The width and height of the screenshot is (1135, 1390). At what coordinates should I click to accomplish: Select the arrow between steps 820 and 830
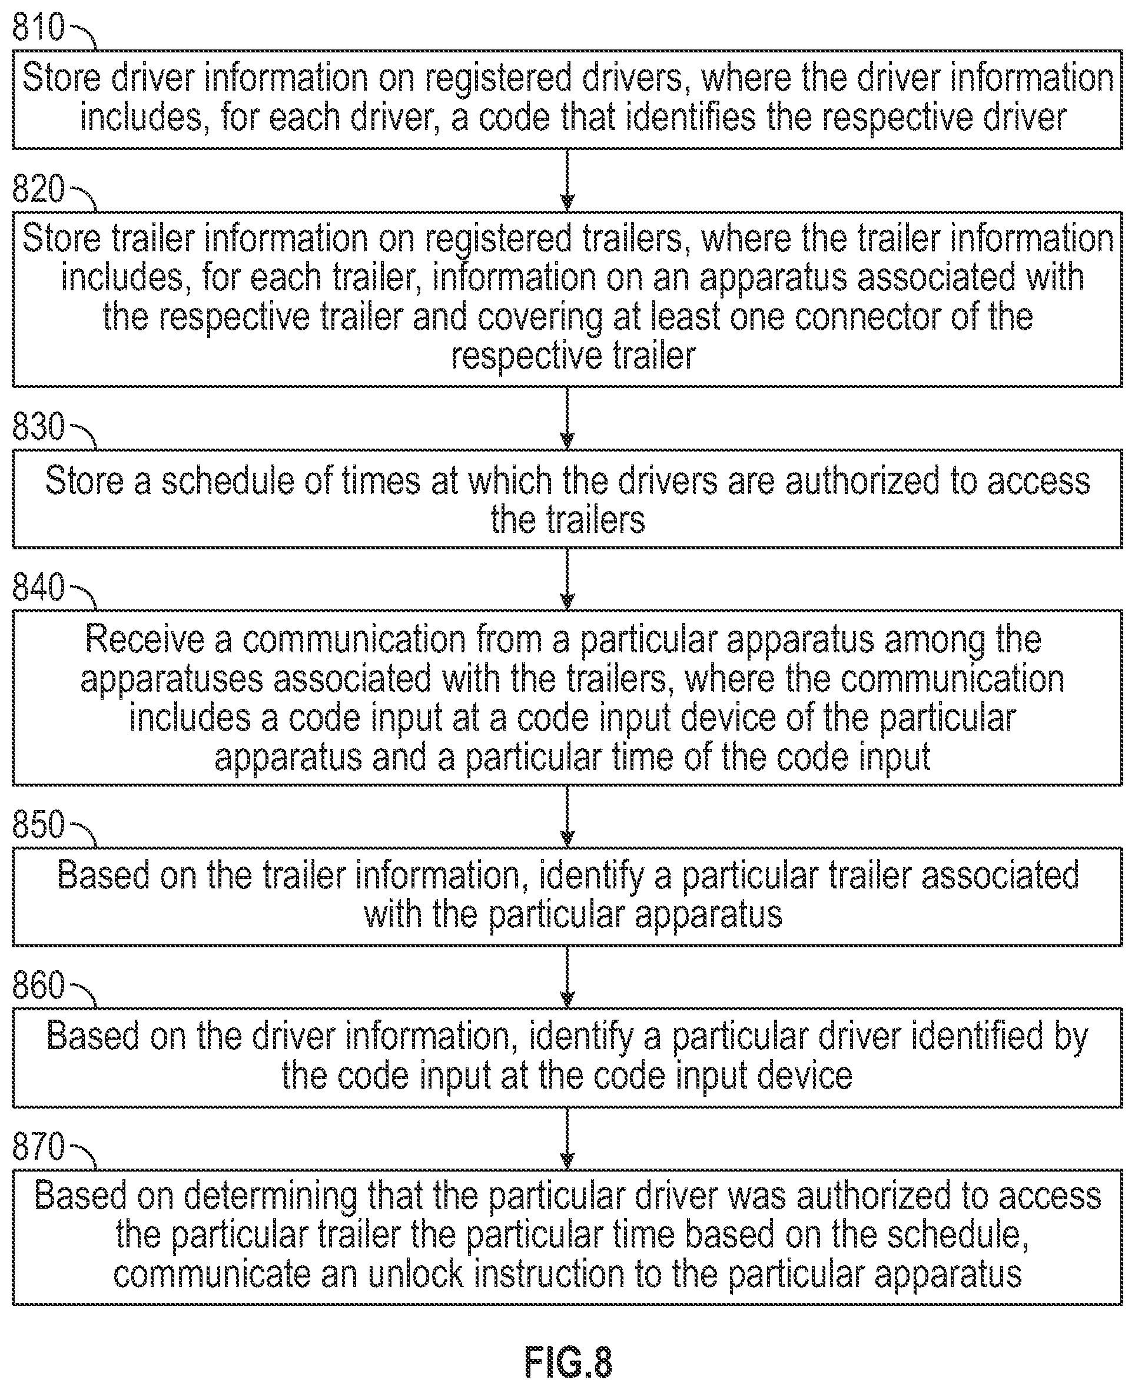(x=567, y=418)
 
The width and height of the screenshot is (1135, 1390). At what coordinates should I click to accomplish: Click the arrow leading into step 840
(x=567, y=579)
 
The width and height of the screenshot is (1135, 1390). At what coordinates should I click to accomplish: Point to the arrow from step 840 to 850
(x=567, y=816)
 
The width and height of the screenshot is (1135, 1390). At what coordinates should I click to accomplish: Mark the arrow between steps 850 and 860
(x=567, y=977)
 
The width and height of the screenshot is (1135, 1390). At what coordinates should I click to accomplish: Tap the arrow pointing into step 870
(x=567, y=1138)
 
